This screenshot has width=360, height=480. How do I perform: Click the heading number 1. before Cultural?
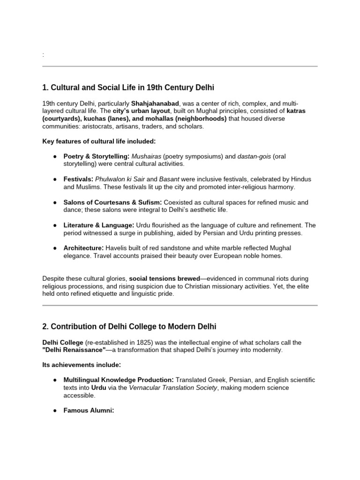coord(45,88)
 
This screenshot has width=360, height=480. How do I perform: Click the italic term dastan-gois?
coord(255,156)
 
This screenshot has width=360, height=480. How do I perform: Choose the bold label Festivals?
coord(79,179)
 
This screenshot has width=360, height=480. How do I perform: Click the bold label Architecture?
coord(84,248)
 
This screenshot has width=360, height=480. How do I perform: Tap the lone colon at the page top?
coord(43,55)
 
